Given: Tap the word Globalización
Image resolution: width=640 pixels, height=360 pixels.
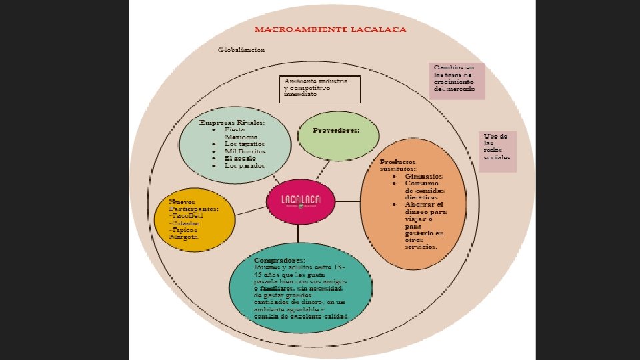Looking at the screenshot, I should click(242, 49).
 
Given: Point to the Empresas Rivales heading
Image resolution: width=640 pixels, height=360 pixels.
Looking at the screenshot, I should click(232, 123).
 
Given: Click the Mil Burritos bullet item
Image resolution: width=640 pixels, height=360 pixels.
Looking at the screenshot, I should click(245, 151).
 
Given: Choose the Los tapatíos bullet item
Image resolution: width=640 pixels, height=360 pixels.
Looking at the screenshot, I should click(245, 143).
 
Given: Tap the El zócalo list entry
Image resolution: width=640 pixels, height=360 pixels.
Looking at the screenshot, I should click(241, 158).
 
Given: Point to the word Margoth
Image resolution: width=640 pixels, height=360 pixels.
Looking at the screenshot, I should click(184, 237).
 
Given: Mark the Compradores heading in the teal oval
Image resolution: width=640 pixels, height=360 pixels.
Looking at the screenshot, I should click(280, 259).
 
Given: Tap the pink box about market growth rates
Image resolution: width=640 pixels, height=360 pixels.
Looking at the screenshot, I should click(457, 81).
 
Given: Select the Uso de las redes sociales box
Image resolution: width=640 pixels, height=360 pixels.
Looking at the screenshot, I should click(497, 151).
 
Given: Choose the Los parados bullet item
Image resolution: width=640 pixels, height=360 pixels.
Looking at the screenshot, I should click(244, 165).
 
